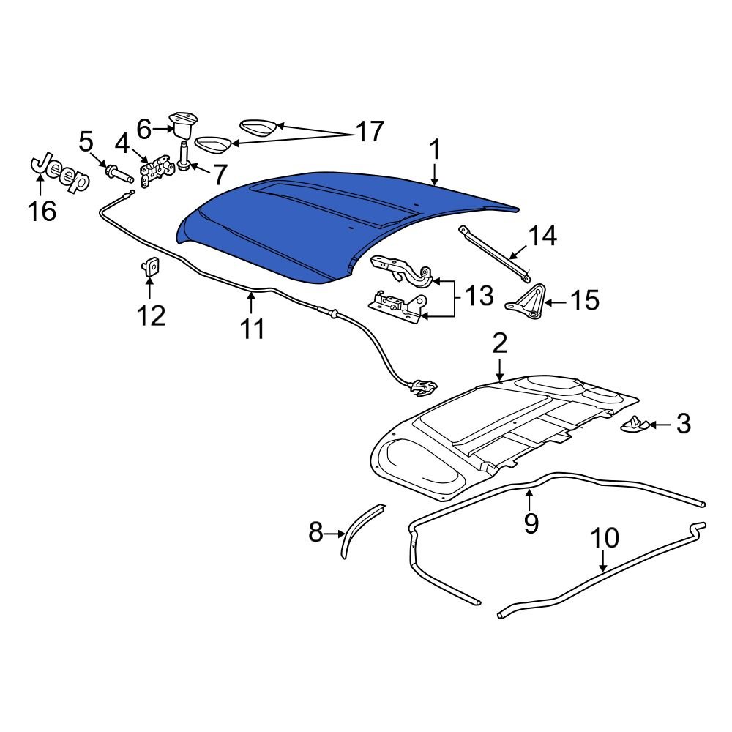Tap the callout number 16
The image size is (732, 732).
[x=42, y=212]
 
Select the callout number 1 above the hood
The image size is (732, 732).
[x=435, y=151]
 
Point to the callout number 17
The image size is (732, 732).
[x=370, y=132]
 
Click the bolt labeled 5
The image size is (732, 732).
[x=118, y=174]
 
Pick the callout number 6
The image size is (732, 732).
[x=143, y=130]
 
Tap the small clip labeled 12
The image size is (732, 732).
[x=151, y=267]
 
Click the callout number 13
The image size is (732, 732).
[x=479, y=297]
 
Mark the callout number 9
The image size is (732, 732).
[x=531, y=523]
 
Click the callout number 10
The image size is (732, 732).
[x=605, y=539]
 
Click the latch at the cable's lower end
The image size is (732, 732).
[x=422, y=387]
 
